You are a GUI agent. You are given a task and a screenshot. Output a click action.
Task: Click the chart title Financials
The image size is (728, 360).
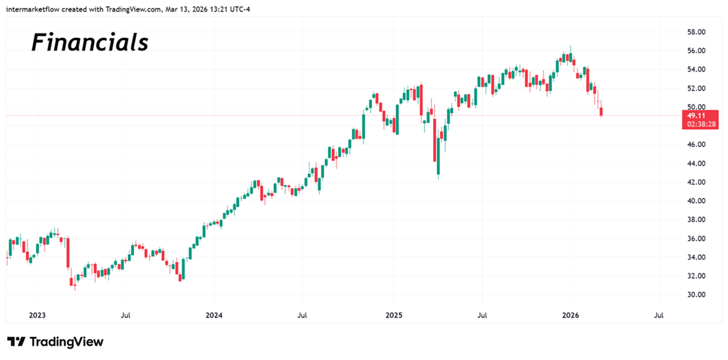pos(90,42)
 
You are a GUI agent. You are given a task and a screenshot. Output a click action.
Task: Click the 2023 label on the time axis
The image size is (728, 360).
pos(37,316)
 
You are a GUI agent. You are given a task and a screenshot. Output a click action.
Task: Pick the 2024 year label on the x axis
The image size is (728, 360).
pos(214,316)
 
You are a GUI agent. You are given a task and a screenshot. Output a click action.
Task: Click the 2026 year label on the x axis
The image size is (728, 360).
pos(570,316)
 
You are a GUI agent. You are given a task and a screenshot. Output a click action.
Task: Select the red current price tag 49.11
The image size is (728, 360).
pos(695,115)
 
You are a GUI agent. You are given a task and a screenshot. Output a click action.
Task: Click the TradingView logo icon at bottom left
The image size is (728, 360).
pos(16,342)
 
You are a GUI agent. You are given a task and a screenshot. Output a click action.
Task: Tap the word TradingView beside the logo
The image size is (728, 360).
pos(66,342)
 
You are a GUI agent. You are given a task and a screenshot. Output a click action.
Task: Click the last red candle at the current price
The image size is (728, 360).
pos(601,112)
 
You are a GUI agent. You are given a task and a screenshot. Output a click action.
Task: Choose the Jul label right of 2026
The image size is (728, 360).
pos(659,316)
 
